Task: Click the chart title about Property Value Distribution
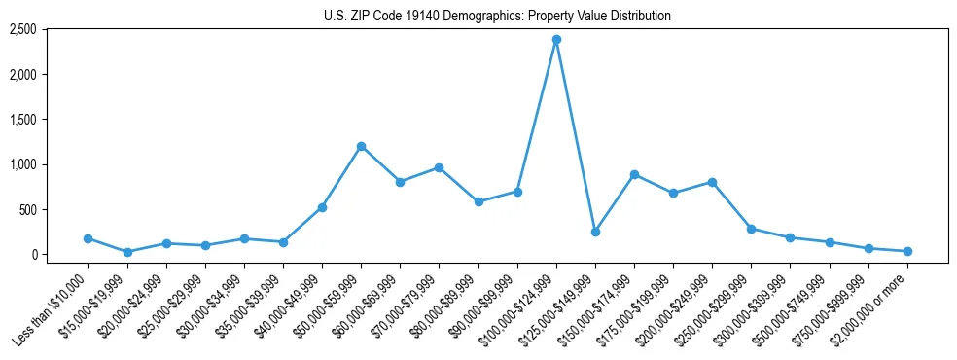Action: tap(497, 17)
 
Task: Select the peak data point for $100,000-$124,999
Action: tap(556, 40)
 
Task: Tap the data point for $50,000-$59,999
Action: tap(361, 146)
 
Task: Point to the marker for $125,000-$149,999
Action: tap(595, 232)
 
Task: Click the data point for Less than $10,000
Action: tap(88, 238)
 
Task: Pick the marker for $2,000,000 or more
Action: tap(907, 251)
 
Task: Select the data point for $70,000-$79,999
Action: tap(439, 167)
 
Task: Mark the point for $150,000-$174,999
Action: tap(634, 174)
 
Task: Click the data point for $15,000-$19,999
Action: tap(127, 252)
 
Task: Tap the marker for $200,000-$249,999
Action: tap(712, 182)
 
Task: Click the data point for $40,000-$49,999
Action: tap(322, 207)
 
